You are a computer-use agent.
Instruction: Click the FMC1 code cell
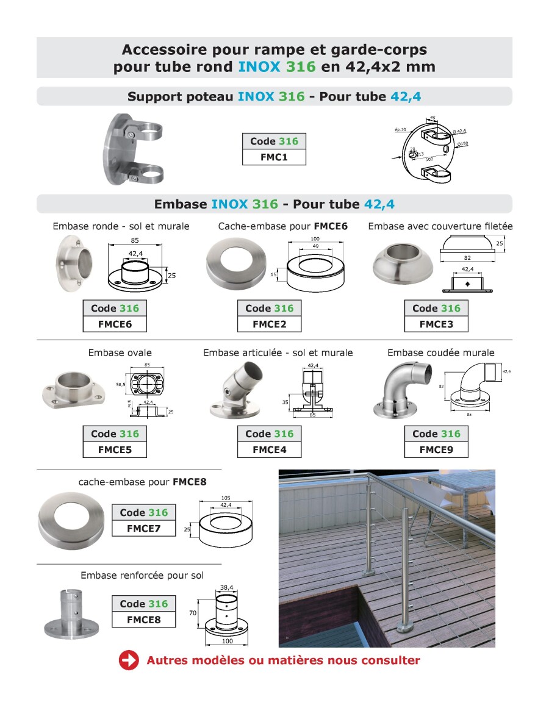tap(274, 157)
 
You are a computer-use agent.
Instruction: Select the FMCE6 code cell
tap(115, 324)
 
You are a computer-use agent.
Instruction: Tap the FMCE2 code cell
tap(269, 324)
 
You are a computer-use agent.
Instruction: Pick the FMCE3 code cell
tap(436, 324)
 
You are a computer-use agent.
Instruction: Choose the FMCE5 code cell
tap(115, 450)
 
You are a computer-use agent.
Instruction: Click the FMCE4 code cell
tap(269, 450)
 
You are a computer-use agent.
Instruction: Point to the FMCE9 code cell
tap(436, 450)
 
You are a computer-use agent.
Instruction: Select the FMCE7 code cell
tap(143, 529)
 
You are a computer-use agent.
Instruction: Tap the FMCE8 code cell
tap(143, 620)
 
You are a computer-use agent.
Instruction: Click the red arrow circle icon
tap(129, 660)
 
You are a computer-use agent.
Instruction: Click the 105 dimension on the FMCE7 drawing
tap(226, 497)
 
